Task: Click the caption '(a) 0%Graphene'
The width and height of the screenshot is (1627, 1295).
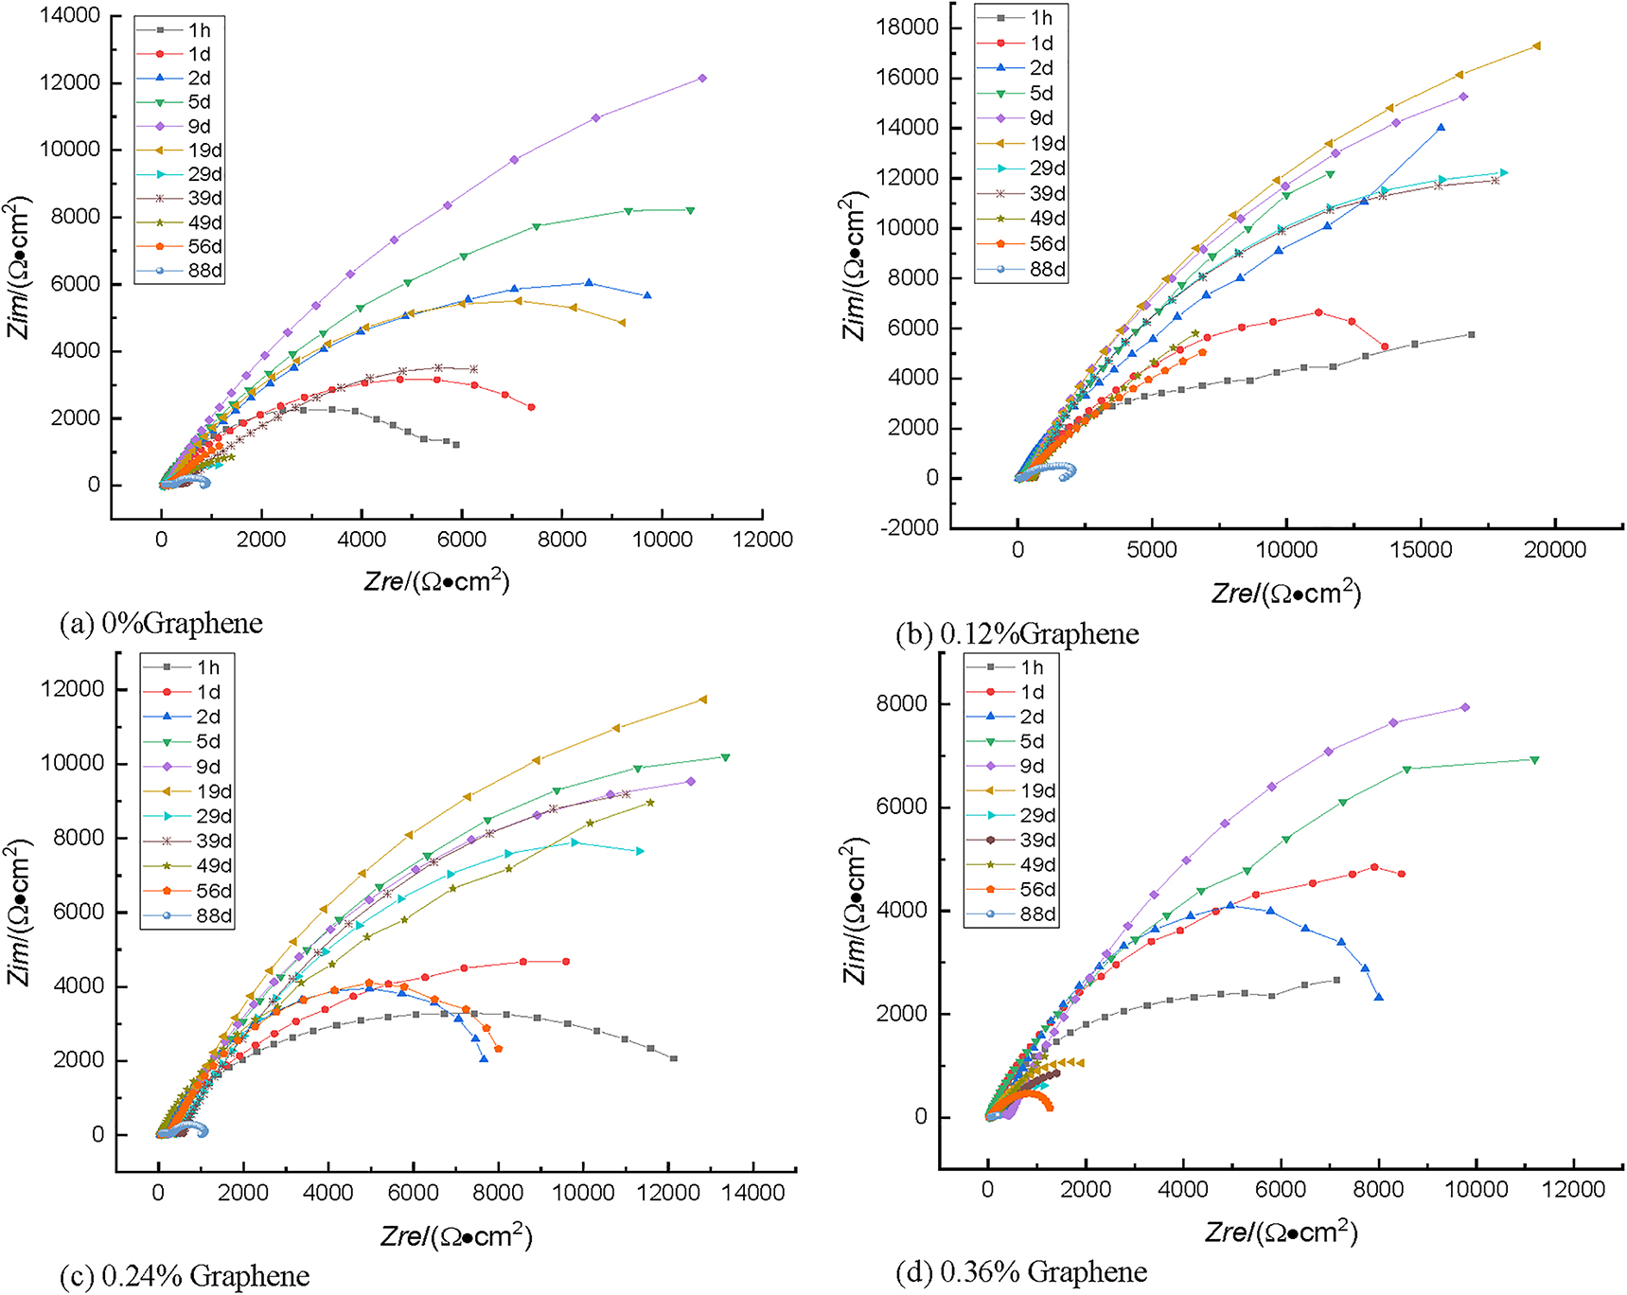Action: point(161,623)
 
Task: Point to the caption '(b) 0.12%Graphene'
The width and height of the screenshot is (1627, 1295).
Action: point(1017,633)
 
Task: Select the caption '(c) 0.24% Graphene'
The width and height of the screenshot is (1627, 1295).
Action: point(185,1276)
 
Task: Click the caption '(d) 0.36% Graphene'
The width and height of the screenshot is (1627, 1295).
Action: point(1021,1271)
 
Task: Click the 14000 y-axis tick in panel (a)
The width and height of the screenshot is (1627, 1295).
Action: point(69,16)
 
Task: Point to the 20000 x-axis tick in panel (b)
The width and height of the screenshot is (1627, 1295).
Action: point(1555,550)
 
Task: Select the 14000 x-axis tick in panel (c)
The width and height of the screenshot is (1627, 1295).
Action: point(752,1193)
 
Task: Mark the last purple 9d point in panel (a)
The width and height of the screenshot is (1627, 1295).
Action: point(702,79)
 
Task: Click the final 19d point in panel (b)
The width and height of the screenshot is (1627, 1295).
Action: point(1537,45)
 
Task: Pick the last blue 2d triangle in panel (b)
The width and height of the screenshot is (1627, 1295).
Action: point(1441,128)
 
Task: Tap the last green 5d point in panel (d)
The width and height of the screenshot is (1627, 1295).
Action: point(1534,760)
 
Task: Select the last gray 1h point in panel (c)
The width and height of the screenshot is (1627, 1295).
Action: point(674,1058)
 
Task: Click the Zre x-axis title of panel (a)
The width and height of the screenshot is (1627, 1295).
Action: point(436,580)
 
